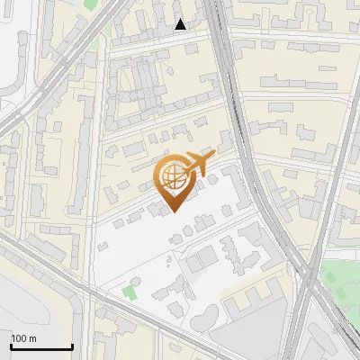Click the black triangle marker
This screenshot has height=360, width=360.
click(181, 24)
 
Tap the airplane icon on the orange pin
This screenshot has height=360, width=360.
click(195, 166)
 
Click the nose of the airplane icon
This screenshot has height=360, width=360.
click(214, 157)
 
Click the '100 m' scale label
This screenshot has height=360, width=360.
click(24, 338)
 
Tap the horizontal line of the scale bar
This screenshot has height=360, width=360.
click(41, 346)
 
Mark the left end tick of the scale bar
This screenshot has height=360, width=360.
click(11, 345)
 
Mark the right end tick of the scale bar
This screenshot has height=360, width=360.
click(72, 345)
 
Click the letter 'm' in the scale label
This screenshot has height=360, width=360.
click(33, 338)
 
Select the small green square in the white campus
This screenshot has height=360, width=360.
click(131, 291)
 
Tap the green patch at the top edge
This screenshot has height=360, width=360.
click(91, 4)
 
